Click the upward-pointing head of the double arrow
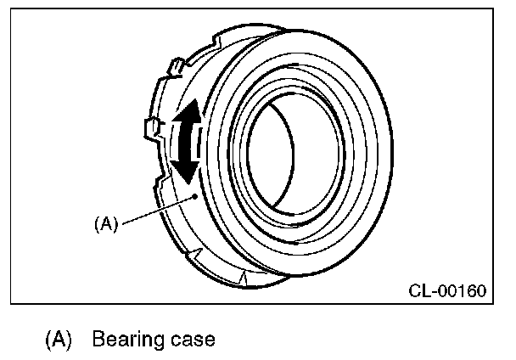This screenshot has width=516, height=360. pyautogui.click(x=191, y=111)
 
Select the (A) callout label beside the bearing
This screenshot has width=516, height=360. pyautogui.click(x=106, y=224)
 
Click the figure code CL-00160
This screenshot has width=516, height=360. pyautogui.click(x=447, y=291)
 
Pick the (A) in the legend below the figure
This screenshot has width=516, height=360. pyautogui.click(x=58, y=340)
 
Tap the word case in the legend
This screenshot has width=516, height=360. pyautogui.click(x=191, y=341)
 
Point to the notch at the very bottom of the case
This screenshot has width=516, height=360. pyautogui.click(x=244, y=277)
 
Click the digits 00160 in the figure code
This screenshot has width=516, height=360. pyautogui.click(x=463, y=291)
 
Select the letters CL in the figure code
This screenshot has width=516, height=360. pyautogui.click(x=419, y=291)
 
